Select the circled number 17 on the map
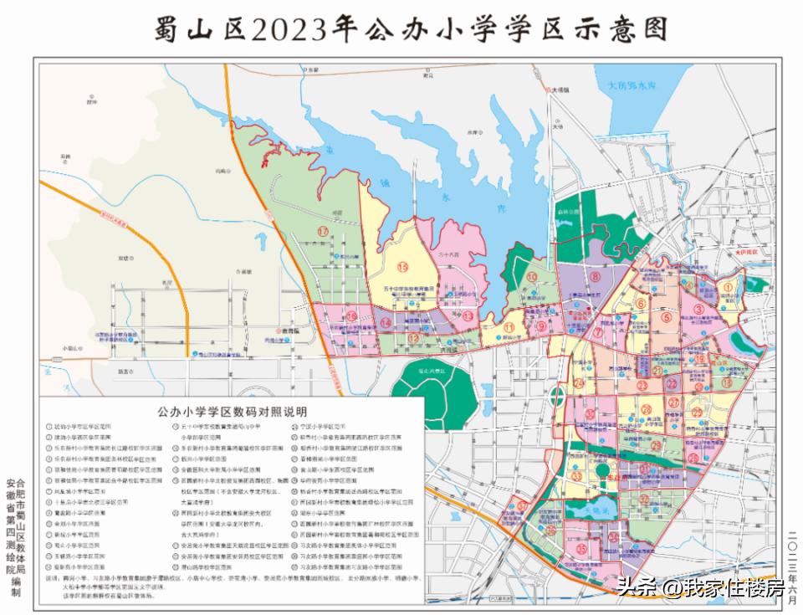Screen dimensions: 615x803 [x=322, y=231]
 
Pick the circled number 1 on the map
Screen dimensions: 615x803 [x=728, y=287]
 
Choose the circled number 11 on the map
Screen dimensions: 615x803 [x=509, y=326]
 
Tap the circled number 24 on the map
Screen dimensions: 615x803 [x=579, y=384]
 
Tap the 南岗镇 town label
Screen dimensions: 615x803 [x=290, y=331]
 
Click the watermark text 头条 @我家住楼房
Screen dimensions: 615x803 [x=701, y=589]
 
